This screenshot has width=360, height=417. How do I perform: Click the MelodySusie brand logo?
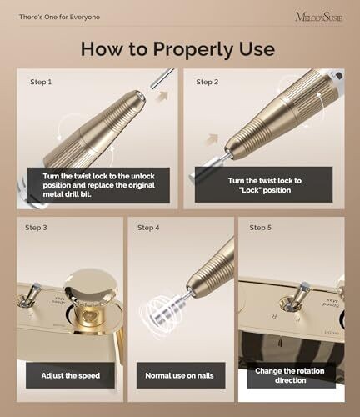pyautogui.click(x=319, y=17)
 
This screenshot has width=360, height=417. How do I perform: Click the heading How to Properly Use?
pyautogui.click(x=177, y=49)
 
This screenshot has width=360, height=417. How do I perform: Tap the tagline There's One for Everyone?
pyautogui.click(x=59, y=17)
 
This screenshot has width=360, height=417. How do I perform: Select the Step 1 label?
pyautogui.click(x=41, y=82)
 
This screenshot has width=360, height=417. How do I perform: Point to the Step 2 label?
pyautogui.click(x=207, y=82)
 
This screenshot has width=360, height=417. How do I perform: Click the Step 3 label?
pyautogui.click(x=36, y=228)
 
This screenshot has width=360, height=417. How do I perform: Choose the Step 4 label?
pyautogui.click(x=148, y=228)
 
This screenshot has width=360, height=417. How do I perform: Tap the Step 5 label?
pyautogui.click(x=260, y=228)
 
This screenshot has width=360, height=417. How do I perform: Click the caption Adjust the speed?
pyautogui.click(x=71, y=376)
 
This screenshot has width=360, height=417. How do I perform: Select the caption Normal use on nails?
pyautogui.click(x=179, y=376)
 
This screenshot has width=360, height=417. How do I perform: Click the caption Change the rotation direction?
pyautogui.click(x=290, y=375)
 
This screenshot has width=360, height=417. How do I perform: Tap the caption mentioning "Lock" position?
pyautogui.click(x=265, y=185)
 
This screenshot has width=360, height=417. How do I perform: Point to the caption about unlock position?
pyautogui.click(x=99, y=185)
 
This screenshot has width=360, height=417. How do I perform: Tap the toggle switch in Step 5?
pyautogui.click(x=296, y=298)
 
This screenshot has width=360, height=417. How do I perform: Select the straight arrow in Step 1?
pyautogui.click(x=162, y=97)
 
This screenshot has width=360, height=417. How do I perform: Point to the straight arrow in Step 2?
pyautogui.click(x=212, y=140)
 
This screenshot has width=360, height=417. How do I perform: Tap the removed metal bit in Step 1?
pyautogui.click(x=162, y=78)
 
